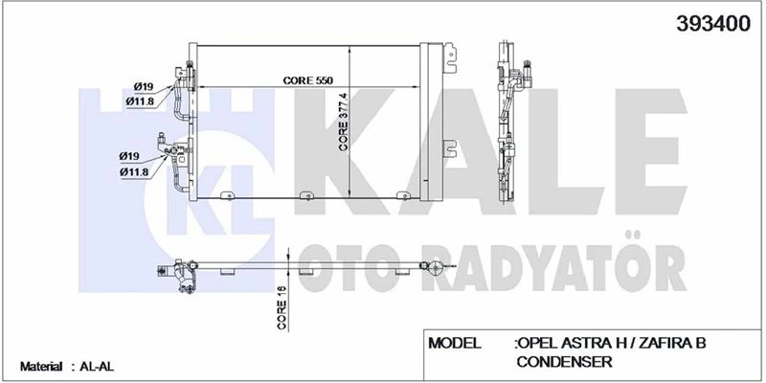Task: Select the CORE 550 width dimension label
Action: (309, 81)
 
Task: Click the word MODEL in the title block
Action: (462, 343)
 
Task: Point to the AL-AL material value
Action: (94, 367)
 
